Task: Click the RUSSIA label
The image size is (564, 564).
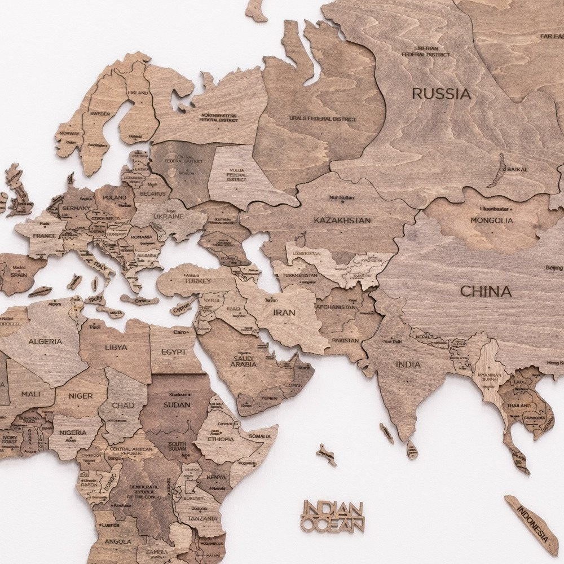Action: (x=441, y=94)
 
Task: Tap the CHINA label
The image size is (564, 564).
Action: (x=486, y=292)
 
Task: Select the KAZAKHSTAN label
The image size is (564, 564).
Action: (x=342, y=220)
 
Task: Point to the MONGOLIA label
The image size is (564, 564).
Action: (x=492, y=220)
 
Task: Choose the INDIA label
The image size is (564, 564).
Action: (x=408, y=364)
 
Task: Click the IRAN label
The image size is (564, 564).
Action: (x=284, y=312)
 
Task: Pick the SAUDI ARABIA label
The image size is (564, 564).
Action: (x=246, y=362)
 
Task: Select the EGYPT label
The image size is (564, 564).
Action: (x=173, y=352)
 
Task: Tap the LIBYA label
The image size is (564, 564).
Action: (x=116, y=347)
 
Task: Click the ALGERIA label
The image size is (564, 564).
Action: (x=45, y=342)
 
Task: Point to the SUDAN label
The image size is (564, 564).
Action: (x=177, y=404)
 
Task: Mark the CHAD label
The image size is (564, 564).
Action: (x=123, y=405)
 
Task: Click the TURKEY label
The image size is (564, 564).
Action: (x=197, y=281)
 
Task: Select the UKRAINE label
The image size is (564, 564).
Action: (x=168, y=216)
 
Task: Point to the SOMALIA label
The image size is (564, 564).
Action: (x=260, y=436)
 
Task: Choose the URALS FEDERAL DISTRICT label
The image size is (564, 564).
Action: (x=323, y=119)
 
